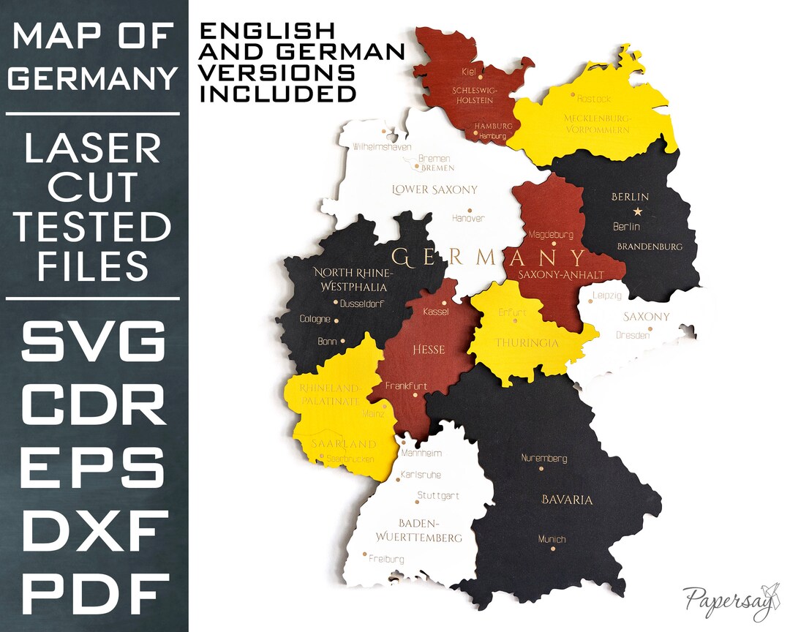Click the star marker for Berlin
pos(638,211)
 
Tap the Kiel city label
pos(469,71)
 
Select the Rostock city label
pos(593,98)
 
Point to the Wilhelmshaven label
pos(382,146)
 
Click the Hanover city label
pos(468,218)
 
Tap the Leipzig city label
pos(607,296)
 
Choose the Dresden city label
pos(633,335)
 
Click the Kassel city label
pos(436,312)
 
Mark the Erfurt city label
pos(512,312)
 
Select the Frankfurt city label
pos(406,385)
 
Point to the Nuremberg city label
pos(543,458)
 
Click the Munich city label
pos(552,539)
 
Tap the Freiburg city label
pos(386,559)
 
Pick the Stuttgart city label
pos(437,495)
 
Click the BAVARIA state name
pos(566,500)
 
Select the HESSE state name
pos(429,350)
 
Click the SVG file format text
pos(94,341)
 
